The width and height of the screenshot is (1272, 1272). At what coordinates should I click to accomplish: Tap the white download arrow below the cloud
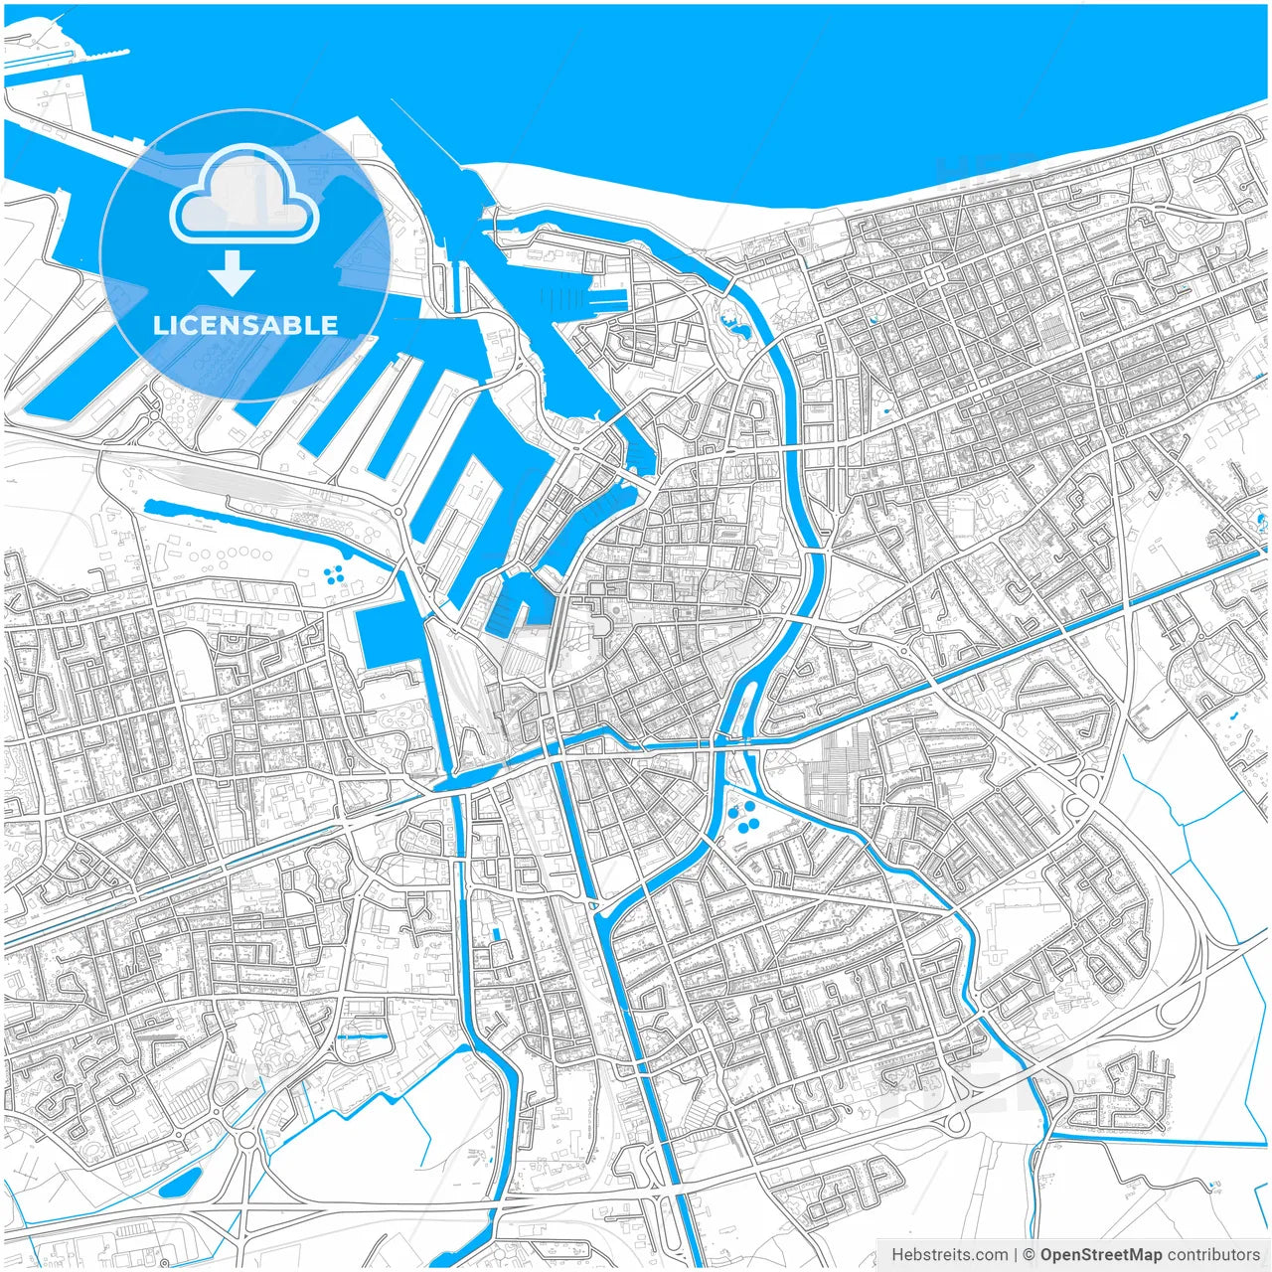(233, 273)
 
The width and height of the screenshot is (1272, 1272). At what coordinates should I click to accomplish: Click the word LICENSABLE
(244, 325)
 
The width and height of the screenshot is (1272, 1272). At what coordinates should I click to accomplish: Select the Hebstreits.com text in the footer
(949, 1255)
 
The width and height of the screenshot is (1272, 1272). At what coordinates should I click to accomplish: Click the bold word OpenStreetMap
(1101, 1255)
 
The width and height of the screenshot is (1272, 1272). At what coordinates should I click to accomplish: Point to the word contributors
(1213, 1255)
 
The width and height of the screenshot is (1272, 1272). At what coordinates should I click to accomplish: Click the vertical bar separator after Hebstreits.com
(1016, 1255)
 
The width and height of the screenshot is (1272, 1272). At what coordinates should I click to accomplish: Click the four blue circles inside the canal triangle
(743, 819)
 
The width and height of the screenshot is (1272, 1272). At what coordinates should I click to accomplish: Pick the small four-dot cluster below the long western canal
(336, 573)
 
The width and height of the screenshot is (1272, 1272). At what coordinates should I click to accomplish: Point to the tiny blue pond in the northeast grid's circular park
(873, 320)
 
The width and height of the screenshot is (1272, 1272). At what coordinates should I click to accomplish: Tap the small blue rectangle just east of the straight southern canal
(494, 934)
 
